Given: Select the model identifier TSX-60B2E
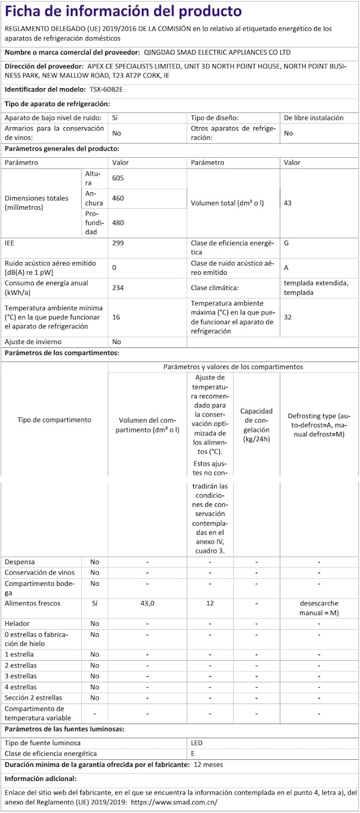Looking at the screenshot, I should coord(106,89).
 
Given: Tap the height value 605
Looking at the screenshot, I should coord(118,178).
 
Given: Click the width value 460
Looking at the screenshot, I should coord(118,198).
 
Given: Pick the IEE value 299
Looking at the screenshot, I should coord(118,243).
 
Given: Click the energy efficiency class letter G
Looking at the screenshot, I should coord(286,243).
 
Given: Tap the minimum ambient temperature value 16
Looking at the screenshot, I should coord(116,317).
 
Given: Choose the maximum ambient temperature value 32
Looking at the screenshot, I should coord(288,317).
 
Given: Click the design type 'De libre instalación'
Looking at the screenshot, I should coord(313,118).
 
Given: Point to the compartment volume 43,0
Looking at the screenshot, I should coord(147,603).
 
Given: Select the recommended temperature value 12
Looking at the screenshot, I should coord(210,603).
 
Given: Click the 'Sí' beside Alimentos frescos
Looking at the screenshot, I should coord(94,603).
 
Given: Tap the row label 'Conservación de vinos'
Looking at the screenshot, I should coord(40,572).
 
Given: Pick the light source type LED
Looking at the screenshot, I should coord(196,743).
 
